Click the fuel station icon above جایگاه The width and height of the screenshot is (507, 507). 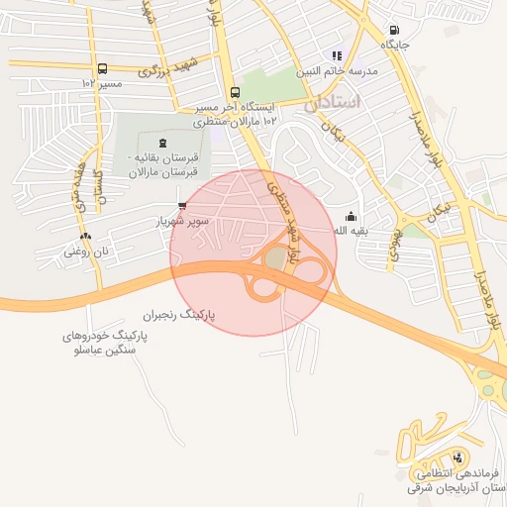tap(395, 31)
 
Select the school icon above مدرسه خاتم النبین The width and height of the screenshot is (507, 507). tap(337, 55)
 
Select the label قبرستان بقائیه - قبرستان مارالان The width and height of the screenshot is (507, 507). tap(163, 165)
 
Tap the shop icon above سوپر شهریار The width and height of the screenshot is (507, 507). tap(181, 206)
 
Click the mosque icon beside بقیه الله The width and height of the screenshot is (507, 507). tap(351, 217)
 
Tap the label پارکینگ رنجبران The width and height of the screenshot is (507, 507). tap(178, 315)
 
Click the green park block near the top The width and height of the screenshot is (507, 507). tap(271, 83)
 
